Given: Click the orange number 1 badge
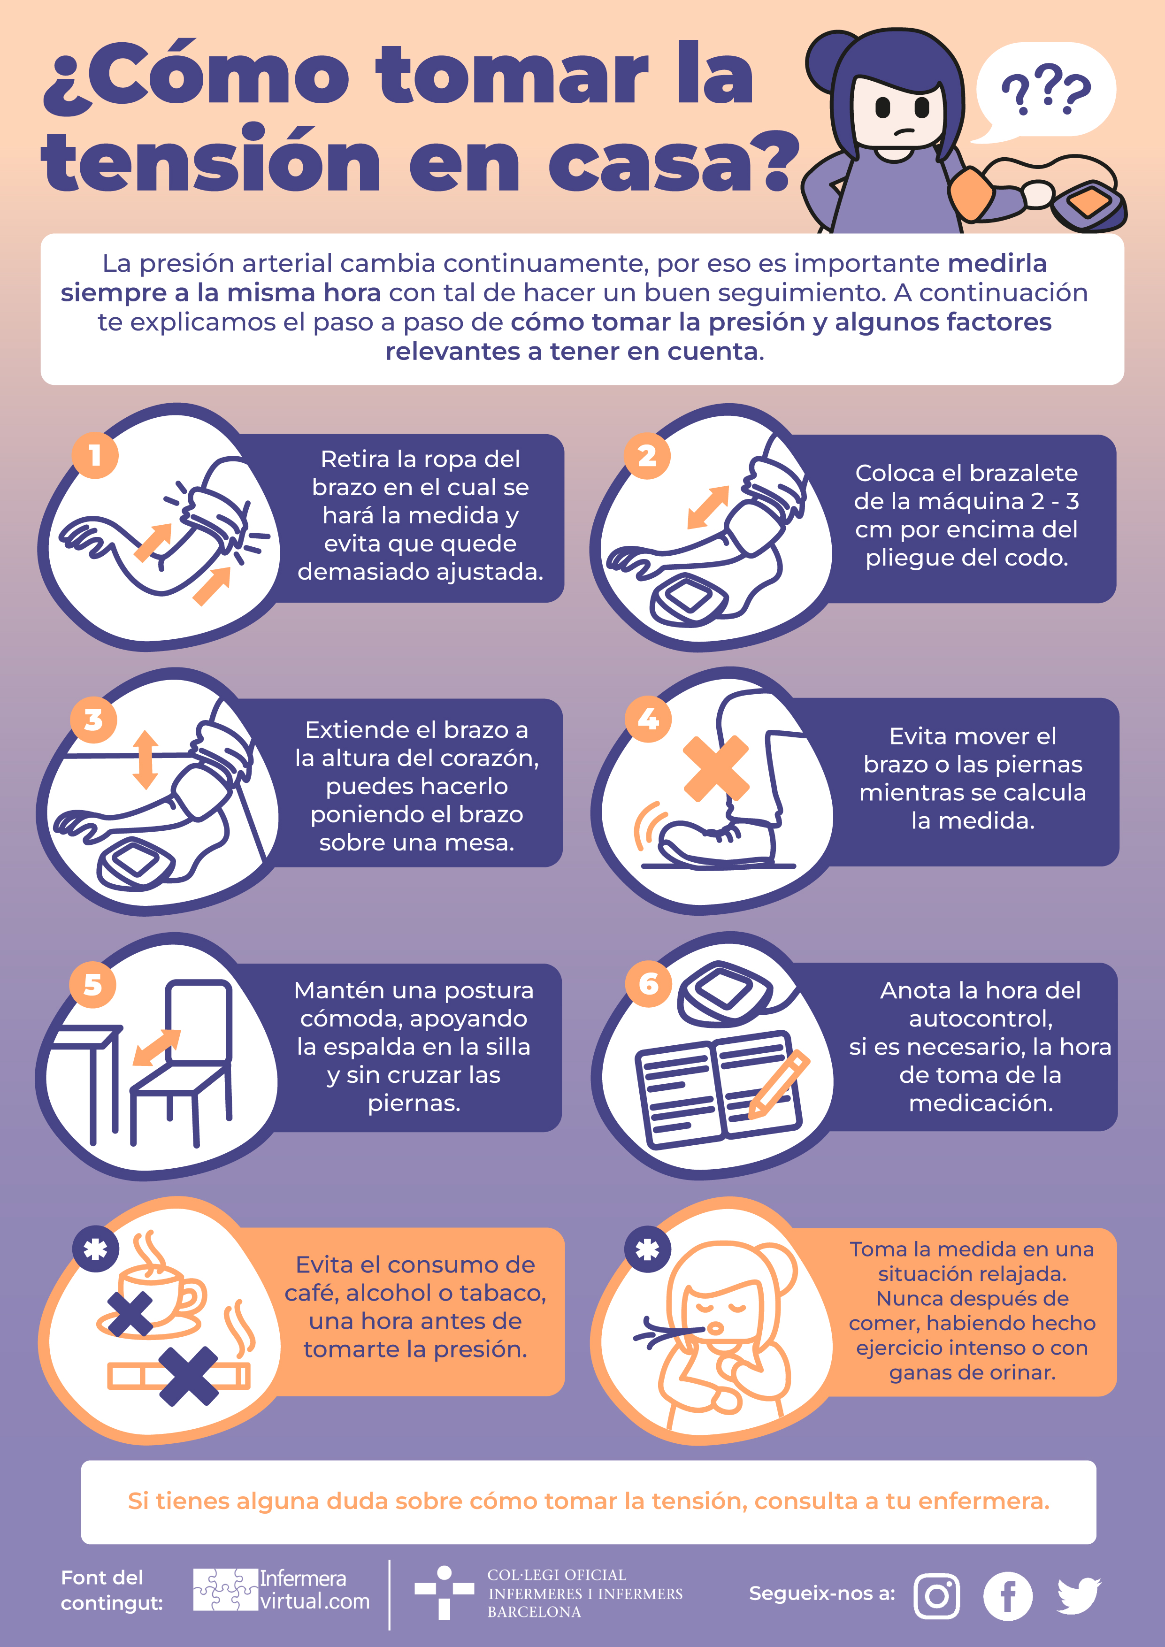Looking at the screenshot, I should click(x=95, y=455).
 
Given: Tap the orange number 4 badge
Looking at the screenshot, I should click(x=648, y=719).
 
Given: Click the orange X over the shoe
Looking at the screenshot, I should click(x=715, y=768).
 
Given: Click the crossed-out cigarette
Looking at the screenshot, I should click(x=179, y=1376).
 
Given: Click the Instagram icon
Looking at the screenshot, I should click(x=936, y=1596).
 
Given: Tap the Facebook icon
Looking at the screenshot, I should click(x=1007, y=1596).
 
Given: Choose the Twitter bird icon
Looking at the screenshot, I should click(x=1078, y=1594).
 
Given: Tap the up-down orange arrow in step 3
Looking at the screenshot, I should click(x=146, y=759).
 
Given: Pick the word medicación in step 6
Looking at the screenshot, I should click(x=981, y=1103).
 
